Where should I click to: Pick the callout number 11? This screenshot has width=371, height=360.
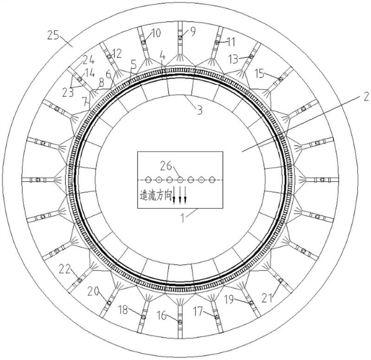pos(230,42)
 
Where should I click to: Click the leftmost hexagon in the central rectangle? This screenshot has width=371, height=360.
pos(148,180)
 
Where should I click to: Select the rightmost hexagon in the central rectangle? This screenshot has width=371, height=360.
pos(212,180)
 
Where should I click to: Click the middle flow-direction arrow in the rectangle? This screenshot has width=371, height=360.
pos(180,194)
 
